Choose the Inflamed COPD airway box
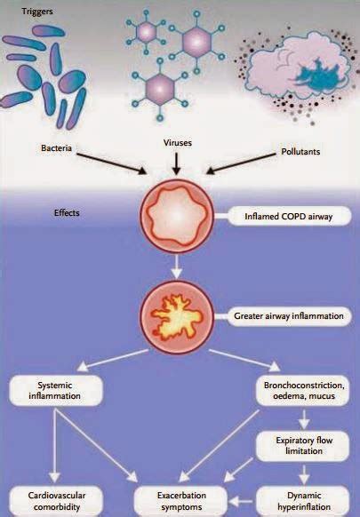point(281,216)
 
